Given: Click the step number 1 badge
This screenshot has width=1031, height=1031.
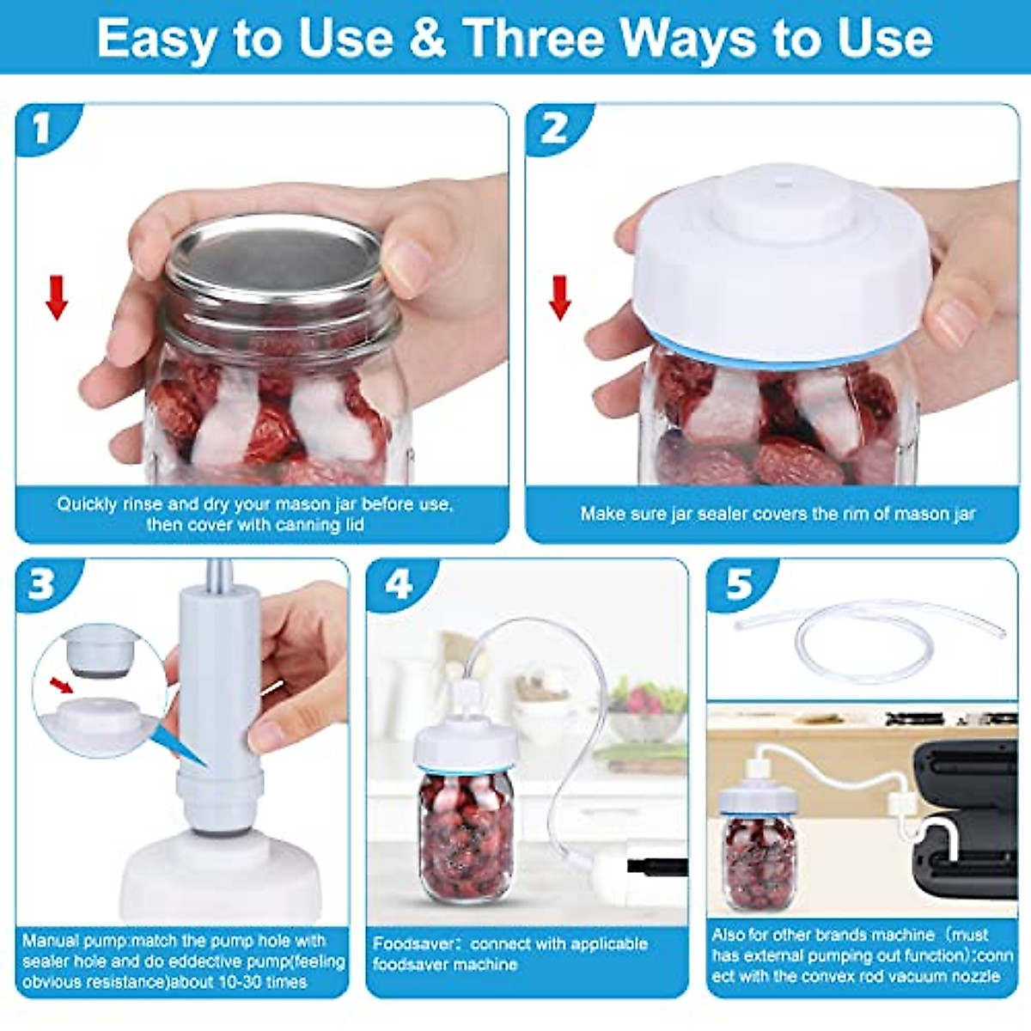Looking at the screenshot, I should (x=41, y=129).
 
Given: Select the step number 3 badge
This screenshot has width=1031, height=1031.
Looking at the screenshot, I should (x=41, y=584).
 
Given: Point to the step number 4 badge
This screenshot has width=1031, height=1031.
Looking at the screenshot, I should (x=398, y=584).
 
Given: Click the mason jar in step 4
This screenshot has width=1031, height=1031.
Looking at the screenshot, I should (x=466, y=833).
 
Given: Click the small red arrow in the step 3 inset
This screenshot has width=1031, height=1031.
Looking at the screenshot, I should (x=61, y=685).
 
